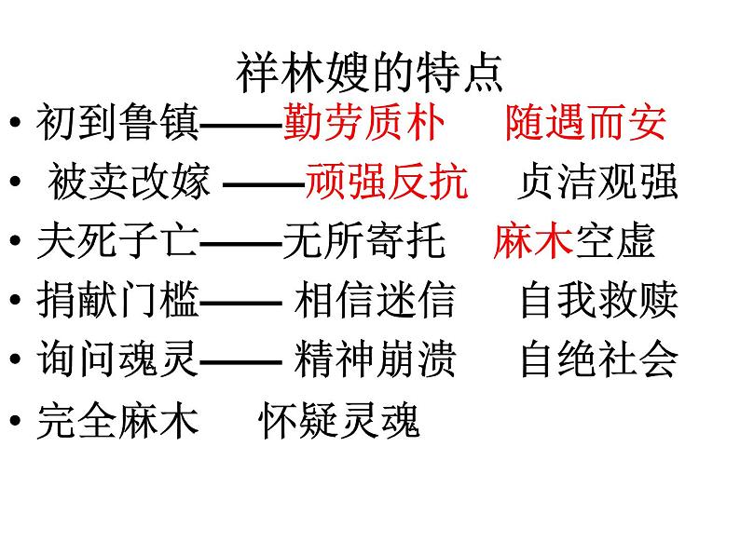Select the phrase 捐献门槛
(x=118, y=301)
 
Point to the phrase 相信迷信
(x=375, y=301)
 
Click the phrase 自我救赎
(x=598, y=301)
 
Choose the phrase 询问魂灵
(x=118, y=360)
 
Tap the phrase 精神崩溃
(x=375, y=360)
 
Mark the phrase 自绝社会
(x=598, y=360)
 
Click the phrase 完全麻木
(x=118, y=422)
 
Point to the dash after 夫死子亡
(x=240, y=243)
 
